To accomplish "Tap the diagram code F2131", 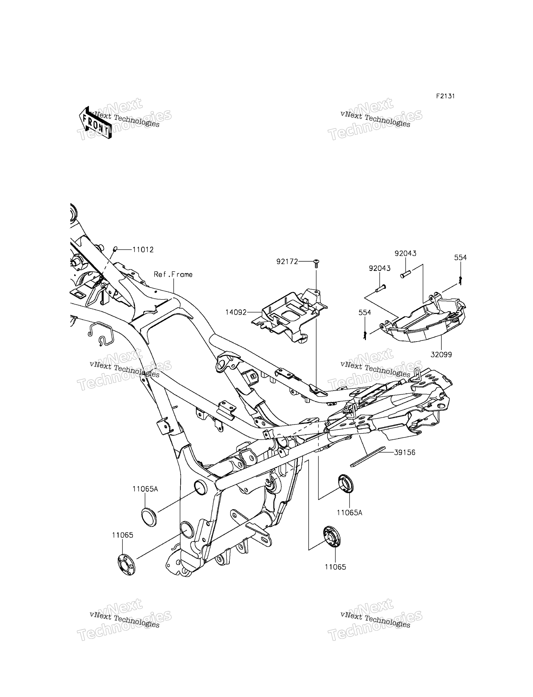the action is point(445,96).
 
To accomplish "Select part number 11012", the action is point(143,250).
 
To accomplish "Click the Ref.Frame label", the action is point(173,274).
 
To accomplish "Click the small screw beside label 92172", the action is point(316,263).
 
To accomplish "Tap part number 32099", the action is point(441,355).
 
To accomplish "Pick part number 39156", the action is point(405,452).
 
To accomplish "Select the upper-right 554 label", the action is point(460,258).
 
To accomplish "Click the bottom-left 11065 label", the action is point(123,535).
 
